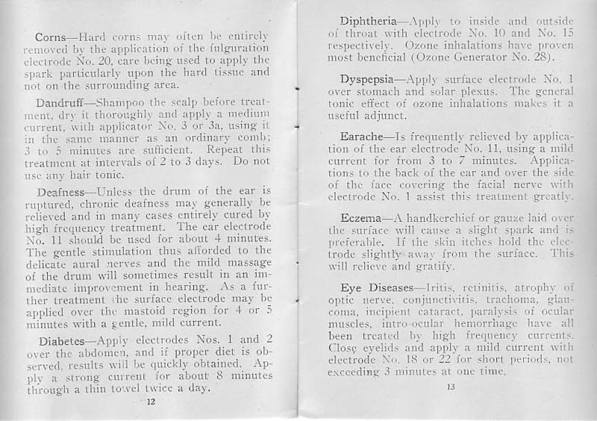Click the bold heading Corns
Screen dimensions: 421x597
(x=49, y=37)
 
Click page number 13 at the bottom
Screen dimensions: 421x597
(x=450, y=387)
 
